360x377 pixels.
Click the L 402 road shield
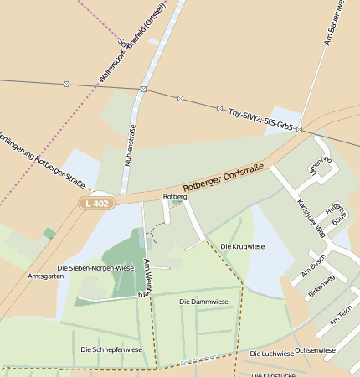point(98,204)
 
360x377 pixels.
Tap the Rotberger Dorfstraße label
point(223,178)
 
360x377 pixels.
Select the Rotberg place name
point(175,196)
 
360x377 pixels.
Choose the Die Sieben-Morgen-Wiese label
point(95,268)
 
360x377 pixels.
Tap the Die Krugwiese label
point(242,246)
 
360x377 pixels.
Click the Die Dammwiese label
point(203,301)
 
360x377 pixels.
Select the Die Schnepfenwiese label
point(111,349)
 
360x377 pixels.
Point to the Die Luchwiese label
point(272,354)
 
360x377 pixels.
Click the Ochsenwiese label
point(315,349)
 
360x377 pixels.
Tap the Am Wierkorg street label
point(146,278)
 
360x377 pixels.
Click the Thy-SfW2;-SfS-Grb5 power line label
point(260,122)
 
